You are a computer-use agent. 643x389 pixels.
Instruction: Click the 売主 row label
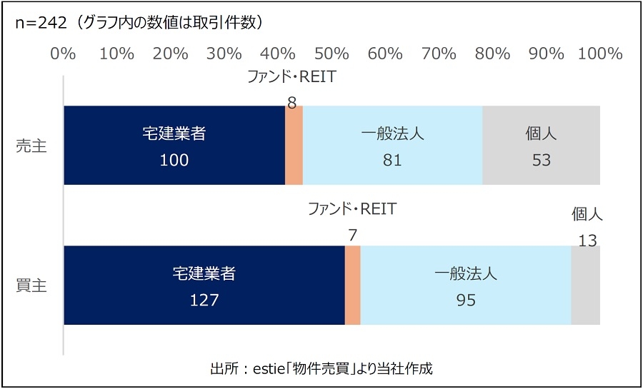[31, 146]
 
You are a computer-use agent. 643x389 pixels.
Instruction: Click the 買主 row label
[31, 286]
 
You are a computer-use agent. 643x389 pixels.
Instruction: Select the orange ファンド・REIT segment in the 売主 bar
[294, 146]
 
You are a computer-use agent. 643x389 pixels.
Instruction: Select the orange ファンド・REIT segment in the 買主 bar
[352, 286]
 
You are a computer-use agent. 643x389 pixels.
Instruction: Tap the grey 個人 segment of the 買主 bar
[585, 286]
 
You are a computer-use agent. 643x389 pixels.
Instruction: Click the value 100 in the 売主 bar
[174, 161]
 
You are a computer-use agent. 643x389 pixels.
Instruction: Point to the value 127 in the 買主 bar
[204, 300]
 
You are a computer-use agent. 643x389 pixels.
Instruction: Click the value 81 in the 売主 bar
[392, 161]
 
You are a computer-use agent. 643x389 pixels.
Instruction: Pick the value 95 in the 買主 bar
[465, 300]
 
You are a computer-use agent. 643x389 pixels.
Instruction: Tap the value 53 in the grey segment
[542, 161]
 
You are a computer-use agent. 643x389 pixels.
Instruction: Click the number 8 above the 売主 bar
[291, 103]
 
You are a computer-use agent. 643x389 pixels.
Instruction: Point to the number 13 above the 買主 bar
[587, 241]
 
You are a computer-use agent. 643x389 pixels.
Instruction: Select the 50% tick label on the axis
[332, 54]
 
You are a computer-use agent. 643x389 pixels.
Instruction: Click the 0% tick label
[64, 54]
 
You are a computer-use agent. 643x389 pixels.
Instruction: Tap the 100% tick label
[599, 54]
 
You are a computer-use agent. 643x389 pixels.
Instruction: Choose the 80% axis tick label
[492, 54]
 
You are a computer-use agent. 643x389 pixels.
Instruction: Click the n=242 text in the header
[41, 22]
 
